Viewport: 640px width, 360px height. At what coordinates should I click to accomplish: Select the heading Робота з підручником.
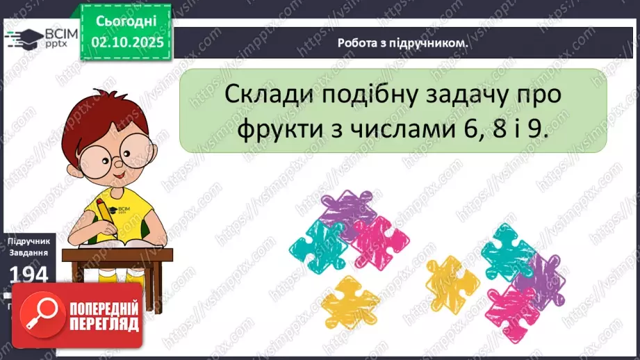[402, 42]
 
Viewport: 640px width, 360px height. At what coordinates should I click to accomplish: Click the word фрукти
[274, 130]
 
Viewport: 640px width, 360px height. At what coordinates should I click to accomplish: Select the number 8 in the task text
[503, 130]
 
